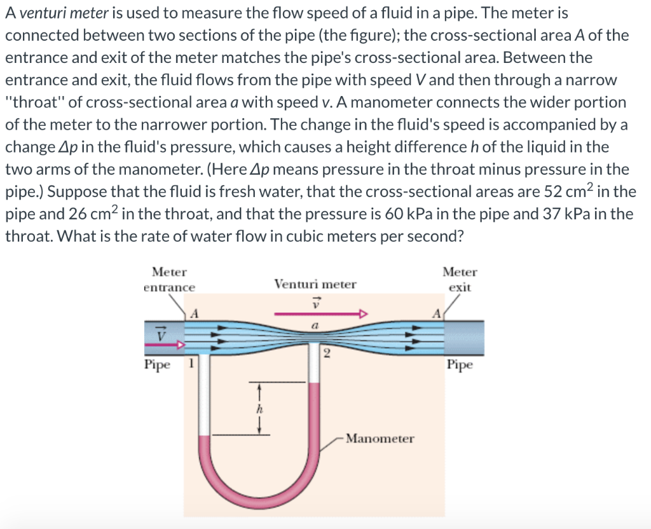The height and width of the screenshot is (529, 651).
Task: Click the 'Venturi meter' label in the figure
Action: pyautogui.click(x=315, y=284)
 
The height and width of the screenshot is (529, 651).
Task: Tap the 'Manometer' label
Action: pyautogui.click(x=380, y=439)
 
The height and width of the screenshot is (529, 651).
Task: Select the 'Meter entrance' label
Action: pyautogui.click(x=169, y=280)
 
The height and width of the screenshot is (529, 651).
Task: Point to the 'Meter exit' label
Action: pyautogui.click(x=459, y=279)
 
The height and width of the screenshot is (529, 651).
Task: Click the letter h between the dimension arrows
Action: pyautogui.click(x=259, y=410)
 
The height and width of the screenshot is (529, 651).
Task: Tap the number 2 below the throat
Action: pyautogui.click(x=327, y=355)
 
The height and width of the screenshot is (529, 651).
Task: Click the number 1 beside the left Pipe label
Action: pyautogui.click(x=189, y=364)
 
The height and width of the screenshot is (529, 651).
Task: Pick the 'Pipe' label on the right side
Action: pyautogui.click(x=459, y=365)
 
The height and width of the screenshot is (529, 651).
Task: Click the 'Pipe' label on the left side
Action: pyautogui.click(x=157, y=365)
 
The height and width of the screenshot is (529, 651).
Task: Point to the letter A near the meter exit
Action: pyautogui.click(x=435, y=313)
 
